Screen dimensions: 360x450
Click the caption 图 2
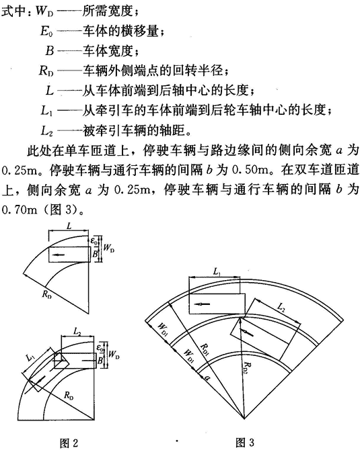(69, 442)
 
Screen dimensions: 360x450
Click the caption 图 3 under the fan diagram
(245, 442)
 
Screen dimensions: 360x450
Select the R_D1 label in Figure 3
(205, 349)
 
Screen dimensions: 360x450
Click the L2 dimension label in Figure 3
(281, 307)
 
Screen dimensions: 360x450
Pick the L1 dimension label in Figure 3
(217, 271)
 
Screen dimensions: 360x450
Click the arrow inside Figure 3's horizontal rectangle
(202, 304)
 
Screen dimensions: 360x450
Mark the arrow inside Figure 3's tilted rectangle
(247, 332)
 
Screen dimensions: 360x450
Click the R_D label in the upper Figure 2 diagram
(46, 294)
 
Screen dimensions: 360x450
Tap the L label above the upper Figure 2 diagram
(69, 226)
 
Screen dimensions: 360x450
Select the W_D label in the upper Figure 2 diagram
(109, 248)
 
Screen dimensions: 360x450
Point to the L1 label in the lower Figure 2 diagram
(30, 357)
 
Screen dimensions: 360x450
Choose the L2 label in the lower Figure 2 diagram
(77, 332)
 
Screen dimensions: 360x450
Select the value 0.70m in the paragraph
(20, 210)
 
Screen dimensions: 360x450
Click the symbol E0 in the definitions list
(46, 32)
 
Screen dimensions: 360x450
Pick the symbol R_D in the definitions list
(46, 71)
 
